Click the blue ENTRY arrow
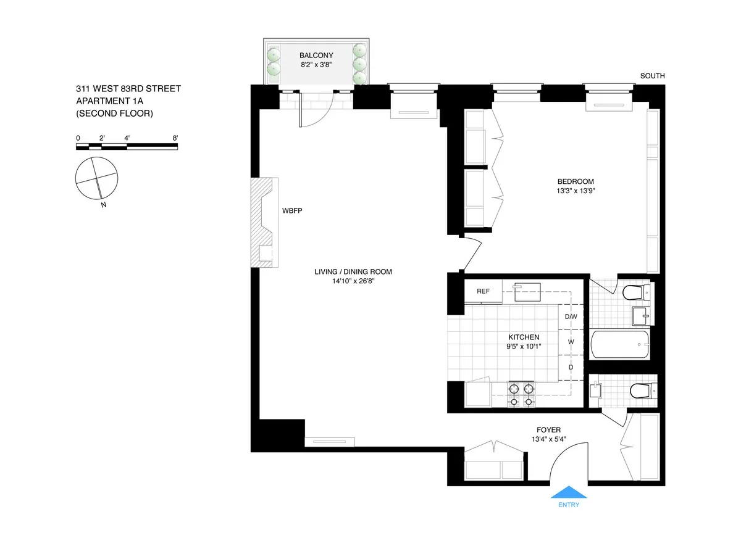pyautogui.click(x=568, y=492)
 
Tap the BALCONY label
pyautogui.click(x=316, y=56)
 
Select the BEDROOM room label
pyautogui.click(x=575, y=181)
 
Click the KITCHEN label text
pyautogui.click(x=524, y=337)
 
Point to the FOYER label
pyautogui.click(x=548, y=430)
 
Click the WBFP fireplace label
pyautogui.click(x=292, y=210)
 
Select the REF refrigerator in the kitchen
pyautogui.click(x=483, y=291)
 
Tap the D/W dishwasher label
pyautogui.click(x=571, y=317)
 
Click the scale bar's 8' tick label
pyautogui.click(x=177, y=138)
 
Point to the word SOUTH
pyautogui.click(x=652, y=77)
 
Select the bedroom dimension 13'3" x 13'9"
pyautogui.click(x=575, y=191)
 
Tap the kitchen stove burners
pyautogui.click(x=520, y=395)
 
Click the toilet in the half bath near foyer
pyautogui.click(x=637, y=391)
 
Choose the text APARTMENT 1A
pyautogui.click(x=112, y=101)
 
